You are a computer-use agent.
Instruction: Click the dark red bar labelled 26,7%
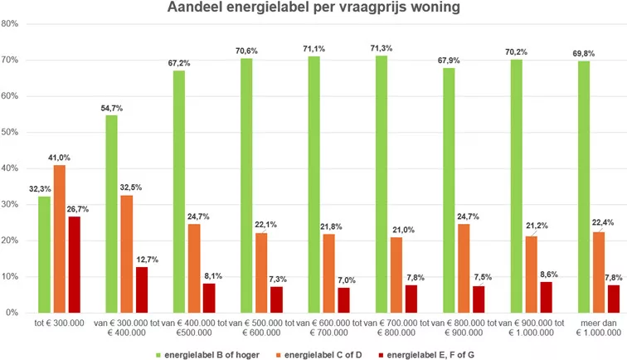pos(74,265)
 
